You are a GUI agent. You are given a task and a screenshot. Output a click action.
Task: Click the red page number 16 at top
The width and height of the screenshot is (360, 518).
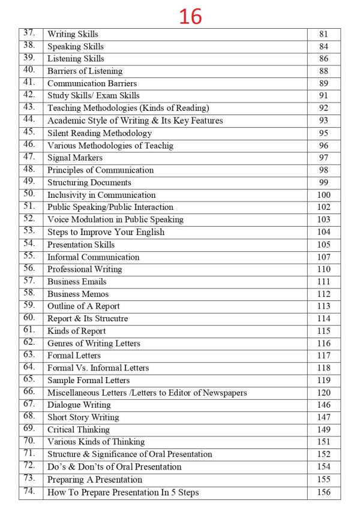click(x=190, y=16)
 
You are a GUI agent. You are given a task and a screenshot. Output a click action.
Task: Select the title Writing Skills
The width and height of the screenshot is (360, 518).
click(x=73, y=34)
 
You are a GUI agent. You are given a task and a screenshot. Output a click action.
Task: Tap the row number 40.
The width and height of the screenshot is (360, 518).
click(x=29, y=70)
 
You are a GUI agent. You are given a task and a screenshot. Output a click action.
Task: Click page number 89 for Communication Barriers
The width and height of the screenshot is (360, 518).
click(x=323, y=83)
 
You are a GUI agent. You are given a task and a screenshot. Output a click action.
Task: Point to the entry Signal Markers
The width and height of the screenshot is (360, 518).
click(x=75, y=158)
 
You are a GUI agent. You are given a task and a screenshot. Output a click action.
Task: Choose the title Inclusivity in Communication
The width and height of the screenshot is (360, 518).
click(x=101, y=195)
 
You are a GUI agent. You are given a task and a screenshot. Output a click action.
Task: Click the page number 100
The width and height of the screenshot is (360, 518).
click(x=323, y=195)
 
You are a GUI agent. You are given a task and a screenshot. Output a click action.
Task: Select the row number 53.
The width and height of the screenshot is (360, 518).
click(x=29, y=231)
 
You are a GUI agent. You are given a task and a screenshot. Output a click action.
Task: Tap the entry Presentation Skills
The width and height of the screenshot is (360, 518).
click(x=81, y=245)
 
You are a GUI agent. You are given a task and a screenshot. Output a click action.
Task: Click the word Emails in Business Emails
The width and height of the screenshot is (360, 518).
click(x=94, y=282)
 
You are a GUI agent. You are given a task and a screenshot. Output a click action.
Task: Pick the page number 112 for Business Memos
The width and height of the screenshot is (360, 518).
click(x=323, y=294)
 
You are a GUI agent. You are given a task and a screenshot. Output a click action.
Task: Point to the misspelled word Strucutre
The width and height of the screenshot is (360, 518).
click(x=110, y=319)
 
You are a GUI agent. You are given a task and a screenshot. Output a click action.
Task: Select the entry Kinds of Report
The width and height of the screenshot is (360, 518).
click(x=76, y=331)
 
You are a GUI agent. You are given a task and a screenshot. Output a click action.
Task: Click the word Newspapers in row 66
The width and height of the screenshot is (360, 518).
click(x=223, y=393)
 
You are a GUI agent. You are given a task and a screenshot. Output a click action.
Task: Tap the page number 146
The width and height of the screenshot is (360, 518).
click(x=323, y=405)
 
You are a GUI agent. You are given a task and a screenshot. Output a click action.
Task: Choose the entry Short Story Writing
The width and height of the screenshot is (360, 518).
click(x=83, y=417)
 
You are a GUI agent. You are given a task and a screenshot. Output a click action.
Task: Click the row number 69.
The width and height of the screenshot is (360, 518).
click(x=29, y=429)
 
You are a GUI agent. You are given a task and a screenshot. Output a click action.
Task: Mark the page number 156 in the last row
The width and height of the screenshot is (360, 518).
click(x=323, y=493)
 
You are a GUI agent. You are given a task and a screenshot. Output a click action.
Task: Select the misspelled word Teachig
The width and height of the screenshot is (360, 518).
click(x=158, y=146)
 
